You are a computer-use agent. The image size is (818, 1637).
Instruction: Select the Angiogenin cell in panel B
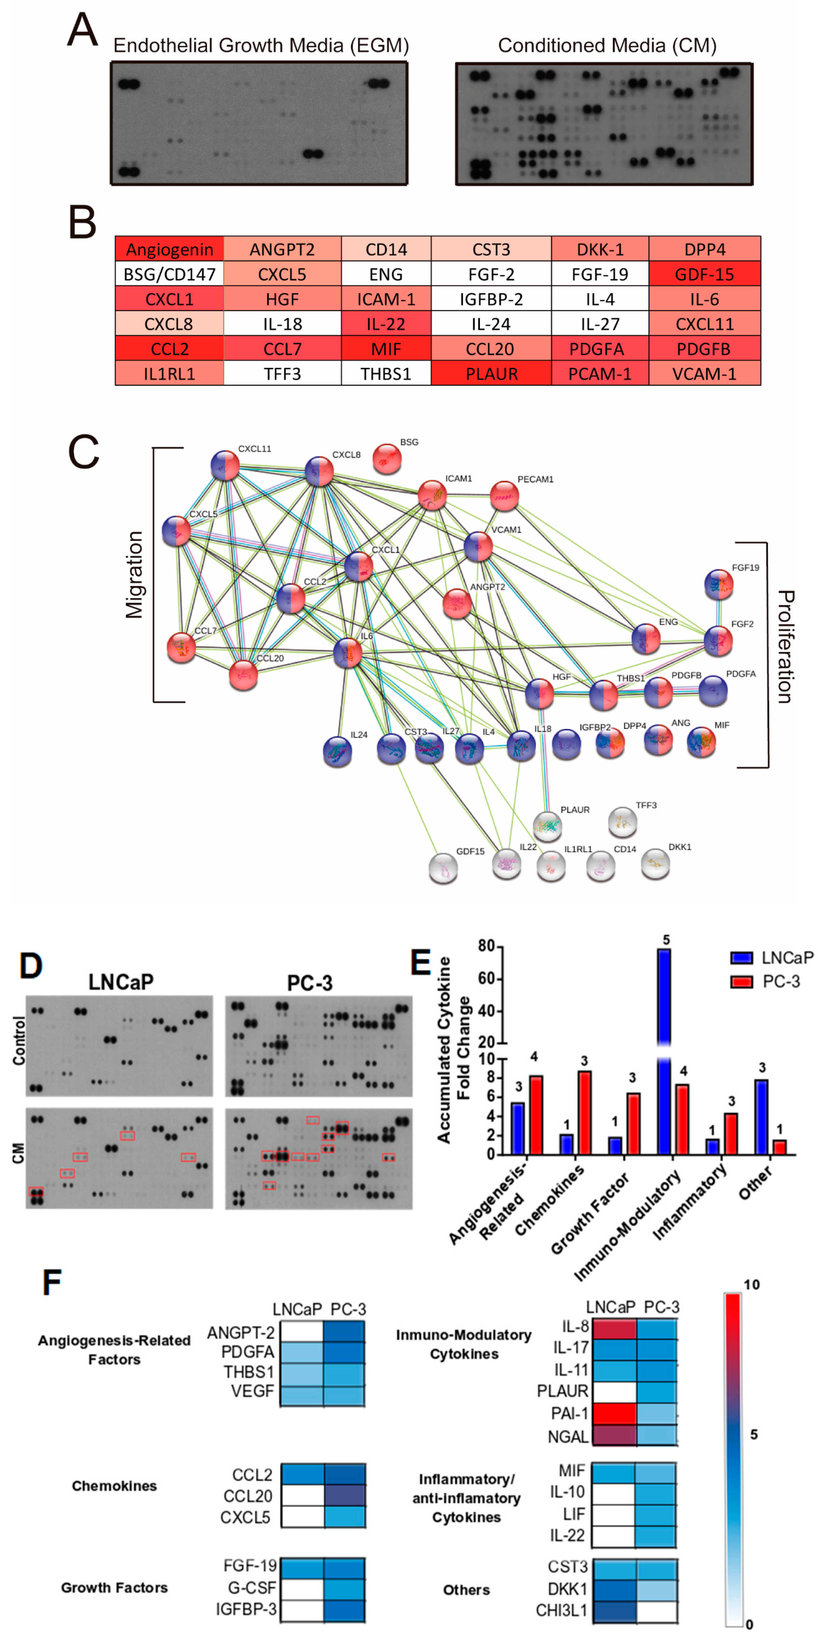[170, 249]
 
